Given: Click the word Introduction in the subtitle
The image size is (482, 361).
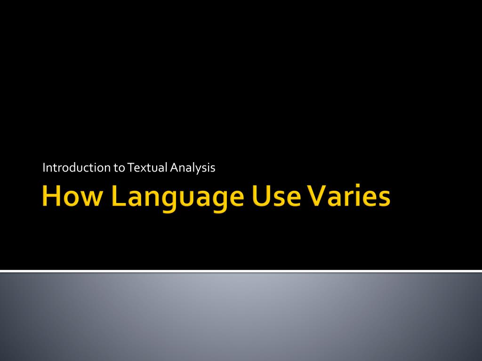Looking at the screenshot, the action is (x=77, y=168).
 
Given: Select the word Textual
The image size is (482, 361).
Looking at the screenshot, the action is (x=147, y=168).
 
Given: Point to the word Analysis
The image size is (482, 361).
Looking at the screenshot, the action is (x=193, y=168).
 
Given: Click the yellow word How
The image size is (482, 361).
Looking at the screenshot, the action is (x=72, y=196).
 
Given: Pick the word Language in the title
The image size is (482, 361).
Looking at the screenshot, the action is (x=178, y=198).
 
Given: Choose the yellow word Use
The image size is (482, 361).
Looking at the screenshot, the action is (x=276, y=196).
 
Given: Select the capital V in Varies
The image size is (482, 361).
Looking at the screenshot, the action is (x=316, y=196).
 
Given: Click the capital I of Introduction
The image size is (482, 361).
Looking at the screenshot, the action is (x=44, y=168).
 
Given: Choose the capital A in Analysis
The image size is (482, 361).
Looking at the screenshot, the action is (x=175, y=168).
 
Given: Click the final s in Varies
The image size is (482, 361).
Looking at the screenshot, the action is (x=384, y=198).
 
